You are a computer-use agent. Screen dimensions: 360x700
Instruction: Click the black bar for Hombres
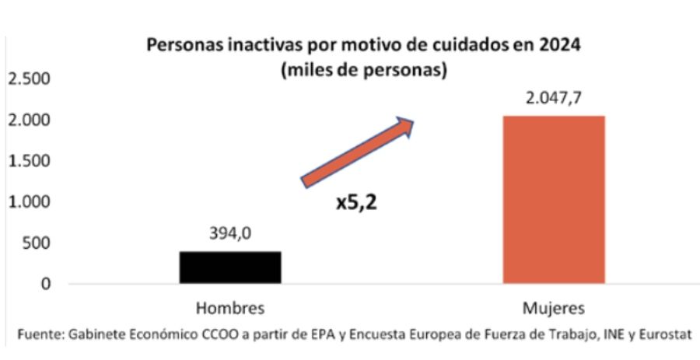230,267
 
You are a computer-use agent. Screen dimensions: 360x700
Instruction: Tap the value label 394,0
230,234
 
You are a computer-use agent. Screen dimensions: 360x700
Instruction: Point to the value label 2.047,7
554,99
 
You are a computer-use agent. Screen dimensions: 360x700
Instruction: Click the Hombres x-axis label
230,308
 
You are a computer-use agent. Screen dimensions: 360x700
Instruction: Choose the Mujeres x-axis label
554,308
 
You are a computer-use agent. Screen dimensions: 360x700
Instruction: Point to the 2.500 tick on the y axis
29,80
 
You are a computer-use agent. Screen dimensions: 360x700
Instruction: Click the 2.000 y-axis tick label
29,121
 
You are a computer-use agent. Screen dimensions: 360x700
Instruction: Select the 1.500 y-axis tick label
29,162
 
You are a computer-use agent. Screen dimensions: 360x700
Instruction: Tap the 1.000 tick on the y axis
29,202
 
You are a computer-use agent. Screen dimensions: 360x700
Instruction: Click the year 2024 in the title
561,44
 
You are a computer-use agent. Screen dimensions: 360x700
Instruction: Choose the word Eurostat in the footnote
661,334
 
